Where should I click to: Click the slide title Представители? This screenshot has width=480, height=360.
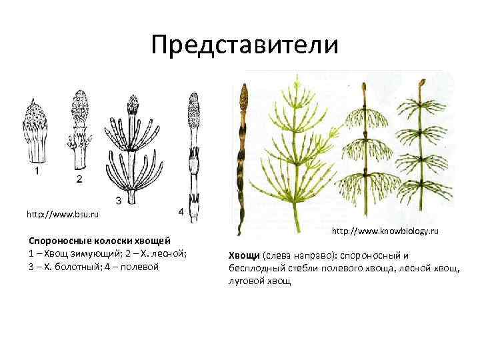coord(245,45)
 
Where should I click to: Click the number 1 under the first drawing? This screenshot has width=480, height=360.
coord(37,171)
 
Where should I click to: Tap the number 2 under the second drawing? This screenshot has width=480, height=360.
coord(79,179)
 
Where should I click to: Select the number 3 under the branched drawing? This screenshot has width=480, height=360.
coord(118,199)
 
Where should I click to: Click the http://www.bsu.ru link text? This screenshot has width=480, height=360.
coord(63,215)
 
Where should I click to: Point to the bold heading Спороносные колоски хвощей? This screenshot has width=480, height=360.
coord(99,240)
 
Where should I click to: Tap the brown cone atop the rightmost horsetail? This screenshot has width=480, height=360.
coord(421,85)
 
